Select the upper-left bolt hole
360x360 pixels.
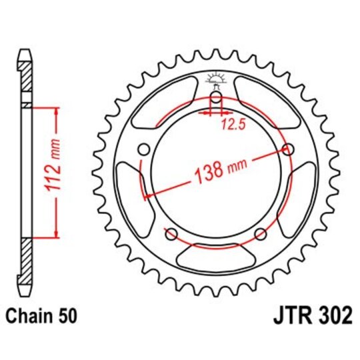pos(143,150)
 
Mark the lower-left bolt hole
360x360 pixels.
pos(171,233)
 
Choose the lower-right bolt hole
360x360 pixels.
pos(260,233)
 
